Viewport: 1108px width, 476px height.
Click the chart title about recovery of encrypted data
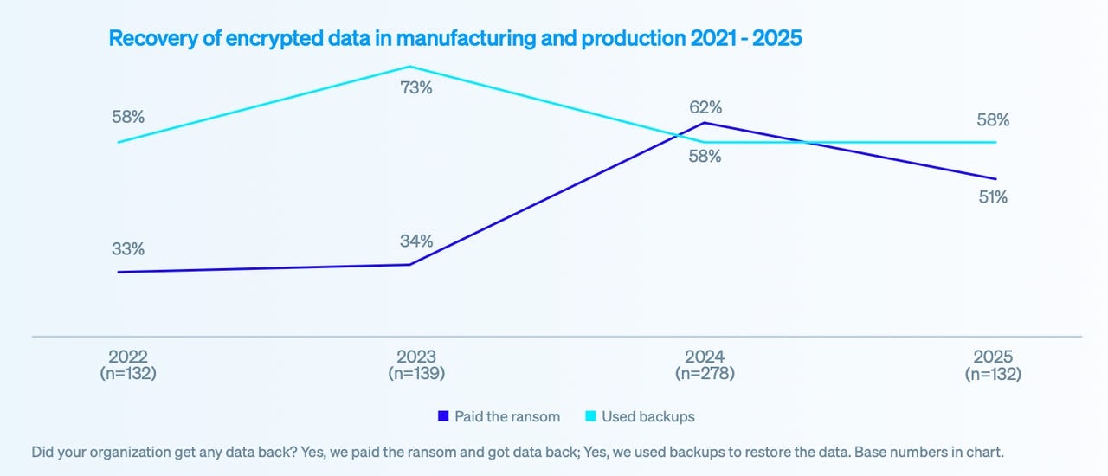click(x=455, y=38)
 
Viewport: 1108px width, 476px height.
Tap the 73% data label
click(x=415, y=87)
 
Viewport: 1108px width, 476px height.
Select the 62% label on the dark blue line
click(x=706, y=107)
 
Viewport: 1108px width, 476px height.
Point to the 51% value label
click(x=993, y=196)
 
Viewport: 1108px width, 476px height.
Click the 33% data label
click(x=128, y=248)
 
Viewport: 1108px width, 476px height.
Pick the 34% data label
click(x=415, y=241)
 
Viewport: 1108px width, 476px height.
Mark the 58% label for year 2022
click(x=128, y=117)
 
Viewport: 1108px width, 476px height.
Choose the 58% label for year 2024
click(x=705, y=158)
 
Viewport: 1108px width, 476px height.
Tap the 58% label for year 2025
click(x=993, y=120)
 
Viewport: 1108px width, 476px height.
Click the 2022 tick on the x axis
click(x=128, y=357)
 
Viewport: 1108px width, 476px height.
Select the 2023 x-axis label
click(x=415, y=357)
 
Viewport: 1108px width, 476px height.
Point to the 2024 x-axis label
click(x=705, y=357)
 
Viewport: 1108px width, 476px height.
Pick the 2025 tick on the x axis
click(x=993, y=357)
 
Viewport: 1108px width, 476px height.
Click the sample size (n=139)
click(x=415, y=374)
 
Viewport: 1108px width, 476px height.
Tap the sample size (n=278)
click(x=705, y=374)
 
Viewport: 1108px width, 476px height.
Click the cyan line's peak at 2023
click(x=410, y=67)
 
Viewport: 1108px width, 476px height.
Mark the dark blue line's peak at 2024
click(x=706, y=123)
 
